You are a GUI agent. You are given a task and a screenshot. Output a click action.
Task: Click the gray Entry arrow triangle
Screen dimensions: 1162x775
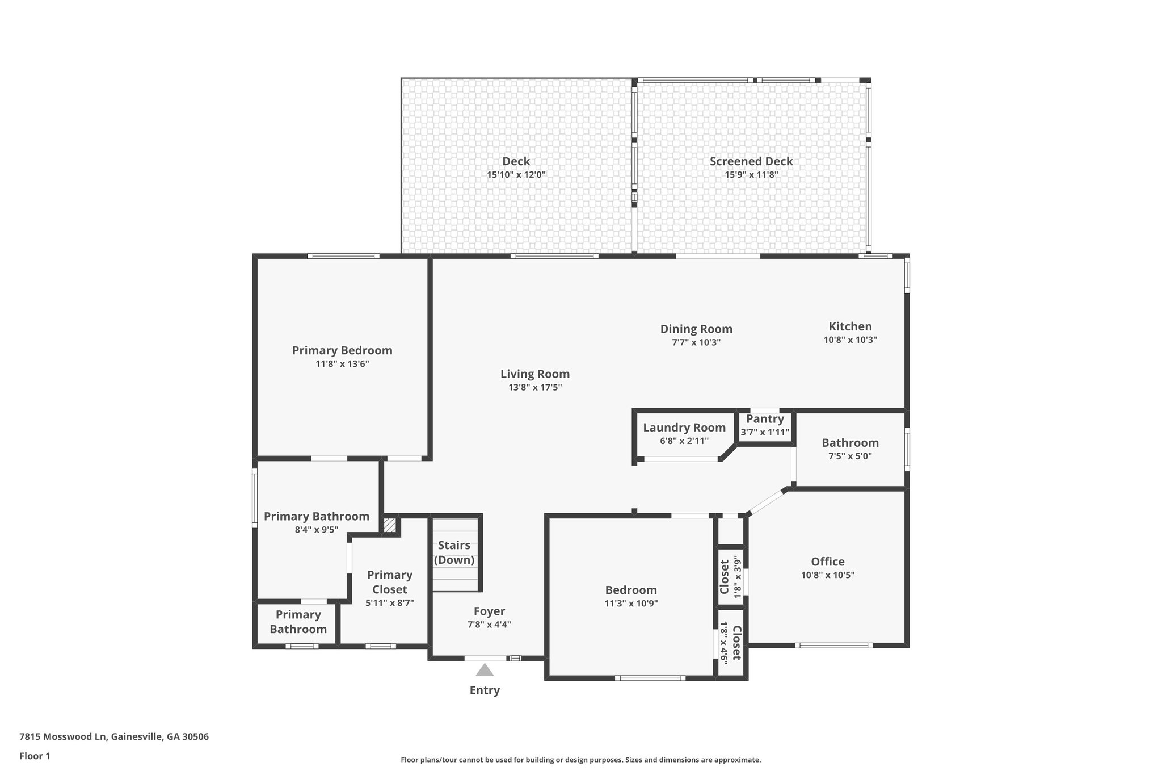click(485, 670)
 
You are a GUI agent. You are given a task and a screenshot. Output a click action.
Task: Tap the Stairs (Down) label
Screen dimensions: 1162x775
click(454, 552)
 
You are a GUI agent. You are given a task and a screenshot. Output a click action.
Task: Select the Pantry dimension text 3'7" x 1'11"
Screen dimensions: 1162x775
click(765, 432)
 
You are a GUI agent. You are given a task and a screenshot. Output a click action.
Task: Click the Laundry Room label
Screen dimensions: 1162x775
click(684, 428)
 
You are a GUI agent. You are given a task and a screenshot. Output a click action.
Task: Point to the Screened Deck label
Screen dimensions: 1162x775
click(751, 161)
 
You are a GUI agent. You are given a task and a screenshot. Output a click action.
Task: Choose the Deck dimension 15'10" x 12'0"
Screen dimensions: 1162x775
click(516, 175)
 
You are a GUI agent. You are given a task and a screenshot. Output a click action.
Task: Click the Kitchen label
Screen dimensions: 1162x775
click(850, 326)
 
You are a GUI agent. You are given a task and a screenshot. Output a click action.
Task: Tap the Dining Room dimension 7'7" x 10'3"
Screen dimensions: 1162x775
click(696, 342)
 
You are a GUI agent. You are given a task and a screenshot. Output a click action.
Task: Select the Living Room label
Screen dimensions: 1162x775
click(535, 374)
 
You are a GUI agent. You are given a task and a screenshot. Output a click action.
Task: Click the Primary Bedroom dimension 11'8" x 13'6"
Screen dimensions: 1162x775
click(342, 364)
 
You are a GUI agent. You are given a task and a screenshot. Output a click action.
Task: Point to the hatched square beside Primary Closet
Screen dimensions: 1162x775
click(390, 525)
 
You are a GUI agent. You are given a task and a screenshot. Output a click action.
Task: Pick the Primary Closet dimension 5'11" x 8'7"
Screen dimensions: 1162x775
click(390, 603)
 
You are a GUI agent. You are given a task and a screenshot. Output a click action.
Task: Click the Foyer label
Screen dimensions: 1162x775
click(489, 611)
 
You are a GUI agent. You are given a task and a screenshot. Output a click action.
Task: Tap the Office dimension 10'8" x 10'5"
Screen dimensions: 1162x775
click(828, 575)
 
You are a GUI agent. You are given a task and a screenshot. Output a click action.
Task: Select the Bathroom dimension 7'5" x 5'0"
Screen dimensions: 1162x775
click(850, 456)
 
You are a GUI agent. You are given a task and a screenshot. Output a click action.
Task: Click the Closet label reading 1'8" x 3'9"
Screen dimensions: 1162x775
click(731, 576)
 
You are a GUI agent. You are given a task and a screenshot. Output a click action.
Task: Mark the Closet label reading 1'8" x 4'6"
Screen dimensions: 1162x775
click(731, 643)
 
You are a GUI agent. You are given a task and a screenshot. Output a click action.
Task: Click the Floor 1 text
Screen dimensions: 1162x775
click(35, 756)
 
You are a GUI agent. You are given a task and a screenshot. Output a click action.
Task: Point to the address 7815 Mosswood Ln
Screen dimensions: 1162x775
click(63, 737)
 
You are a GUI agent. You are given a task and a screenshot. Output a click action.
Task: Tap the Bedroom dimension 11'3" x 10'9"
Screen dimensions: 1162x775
click(631, 604)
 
